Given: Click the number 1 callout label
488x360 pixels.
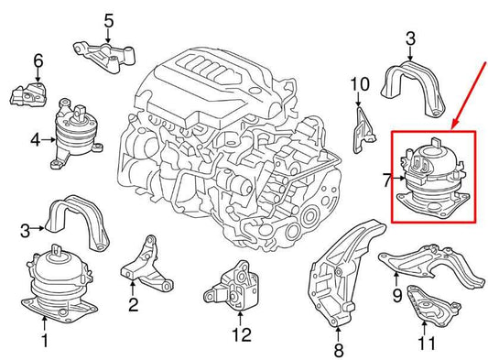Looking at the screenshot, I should (x=44, y=343).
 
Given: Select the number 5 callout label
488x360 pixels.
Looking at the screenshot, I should (x=108, y=19).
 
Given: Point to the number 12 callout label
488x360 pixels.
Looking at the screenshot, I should (x=241, y=334).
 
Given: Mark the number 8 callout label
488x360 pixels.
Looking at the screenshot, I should (x=338, y=349).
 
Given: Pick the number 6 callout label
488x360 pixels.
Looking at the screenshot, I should (x=38, y=62).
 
